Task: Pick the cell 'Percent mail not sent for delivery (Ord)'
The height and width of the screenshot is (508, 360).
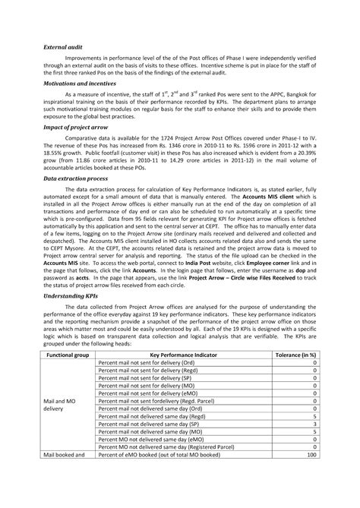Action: [x=151, y=363]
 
